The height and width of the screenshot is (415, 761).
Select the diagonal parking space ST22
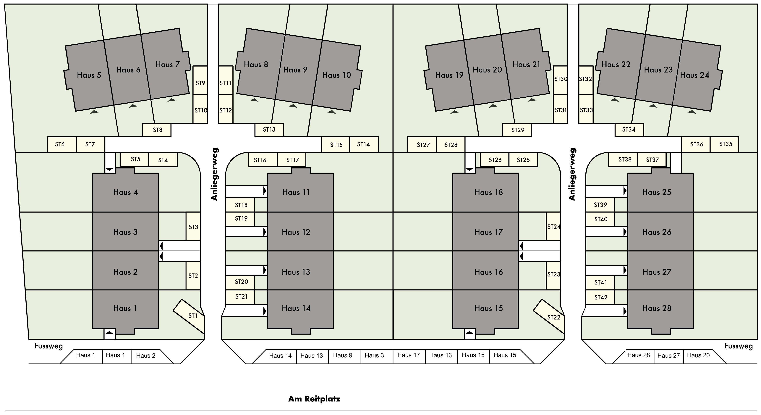point(550,316)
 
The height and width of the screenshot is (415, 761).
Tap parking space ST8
point(157,130)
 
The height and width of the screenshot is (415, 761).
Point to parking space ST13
point(269,130)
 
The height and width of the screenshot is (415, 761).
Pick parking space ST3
point(193,226)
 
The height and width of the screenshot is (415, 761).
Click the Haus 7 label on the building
point(168,65)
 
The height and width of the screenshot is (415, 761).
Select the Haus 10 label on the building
point(336,75)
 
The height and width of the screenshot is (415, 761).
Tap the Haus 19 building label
point(449,75)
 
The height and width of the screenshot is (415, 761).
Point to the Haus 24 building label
point(694,75)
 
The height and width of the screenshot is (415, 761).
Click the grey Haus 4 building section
point(126,192)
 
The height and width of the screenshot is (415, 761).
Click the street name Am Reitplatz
point(314,399)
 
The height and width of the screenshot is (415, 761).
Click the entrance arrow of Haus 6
point(133,106)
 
